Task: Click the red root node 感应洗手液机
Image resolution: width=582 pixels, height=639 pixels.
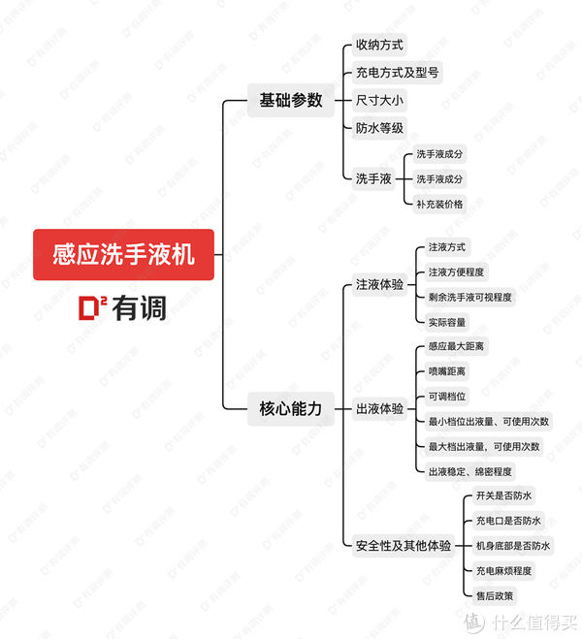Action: point(123,254)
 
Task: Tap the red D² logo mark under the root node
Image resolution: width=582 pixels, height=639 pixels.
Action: point(94,307)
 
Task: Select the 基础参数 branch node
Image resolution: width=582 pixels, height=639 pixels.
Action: point(291,100)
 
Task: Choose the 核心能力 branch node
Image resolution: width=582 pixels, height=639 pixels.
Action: point(291,407)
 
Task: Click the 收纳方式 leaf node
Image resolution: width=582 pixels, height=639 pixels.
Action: point(379,45)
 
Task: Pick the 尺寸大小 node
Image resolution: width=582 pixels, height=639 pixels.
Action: point(379,100)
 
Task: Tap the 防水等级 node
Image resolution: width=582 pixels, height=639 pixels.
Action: point(379,127)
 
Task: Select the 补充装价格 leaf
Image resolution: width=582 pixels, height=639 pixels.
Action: point(439,204)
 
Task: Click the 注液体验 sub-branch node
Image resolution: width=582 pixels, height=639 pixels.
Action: point(379,284)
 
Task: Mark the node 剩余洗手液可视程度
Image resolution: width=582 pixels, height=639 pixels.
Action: point(470,296)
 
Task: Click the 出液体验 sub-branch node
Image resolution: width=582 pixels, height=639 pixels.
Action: point(379,408)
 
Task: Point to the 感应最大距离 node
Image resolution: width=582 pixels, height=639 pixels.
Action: point(457,346)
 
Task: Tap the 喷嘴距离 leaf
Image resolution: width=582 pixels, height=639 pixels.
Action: point(446,371)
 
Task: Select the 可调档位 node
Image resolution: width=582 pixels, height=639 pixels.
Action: point(446,397)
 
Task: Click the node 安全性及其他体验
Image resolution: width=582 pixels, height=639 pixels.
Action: point(404,545)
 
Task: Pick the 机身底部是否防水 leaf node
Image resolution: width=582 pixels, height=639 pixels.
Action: point(513,545)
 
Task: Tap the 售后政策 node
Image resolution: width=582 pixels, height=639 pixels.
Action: point(495,595)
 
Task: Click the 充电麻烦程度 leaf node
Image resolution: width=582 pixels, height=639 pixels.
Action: point(503,570)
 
